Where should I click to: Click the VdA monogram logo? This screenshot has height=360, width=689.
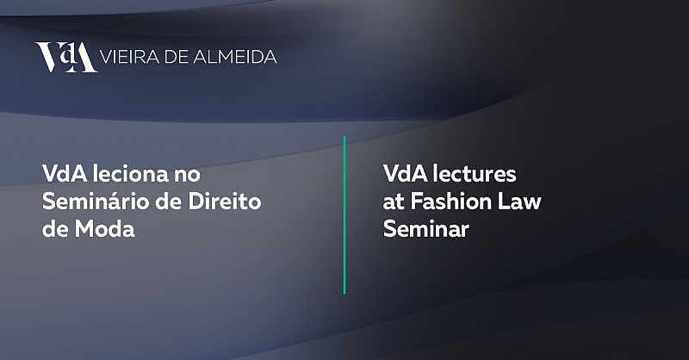66,57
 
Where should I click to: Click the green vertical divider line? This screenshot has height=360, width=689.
344,215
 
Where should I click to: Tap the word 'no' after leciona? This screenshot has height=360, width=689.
187,176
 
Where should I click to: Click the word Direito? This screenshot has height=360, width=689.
225,202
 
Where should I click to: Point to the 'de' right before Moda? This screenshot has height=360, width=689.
55,229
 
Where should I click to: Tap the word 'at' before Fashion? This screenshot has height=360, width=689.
394,202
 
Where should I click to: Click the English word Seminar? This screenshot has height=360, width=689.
426,229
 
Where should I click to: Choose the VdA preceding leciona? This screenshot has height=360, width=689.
65,174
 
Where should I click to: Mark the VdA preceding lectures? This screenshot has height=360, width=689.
405,174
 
